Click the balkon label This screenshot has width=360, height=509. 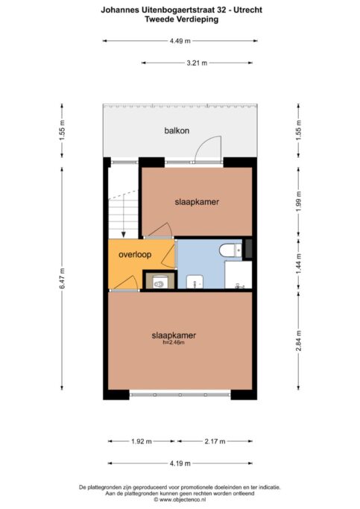click(x=177, y=131)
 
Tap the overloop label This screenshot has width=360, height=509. click(x=135, y=255)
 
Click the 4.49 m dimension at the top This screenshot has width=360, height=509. click(x=180, y=41)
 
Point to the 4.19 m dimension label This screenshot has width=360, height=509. click(x=180, y=462)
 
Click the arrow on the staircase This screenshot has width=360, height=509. click(x=123, y=230)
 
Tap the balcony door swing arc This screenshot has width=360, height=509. click(x=206, y=147)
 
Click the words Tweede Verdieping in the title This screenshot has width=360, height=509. click(x=180, y=20)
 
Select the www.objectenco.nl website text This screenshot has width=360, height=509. click(x=180, y=500)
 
